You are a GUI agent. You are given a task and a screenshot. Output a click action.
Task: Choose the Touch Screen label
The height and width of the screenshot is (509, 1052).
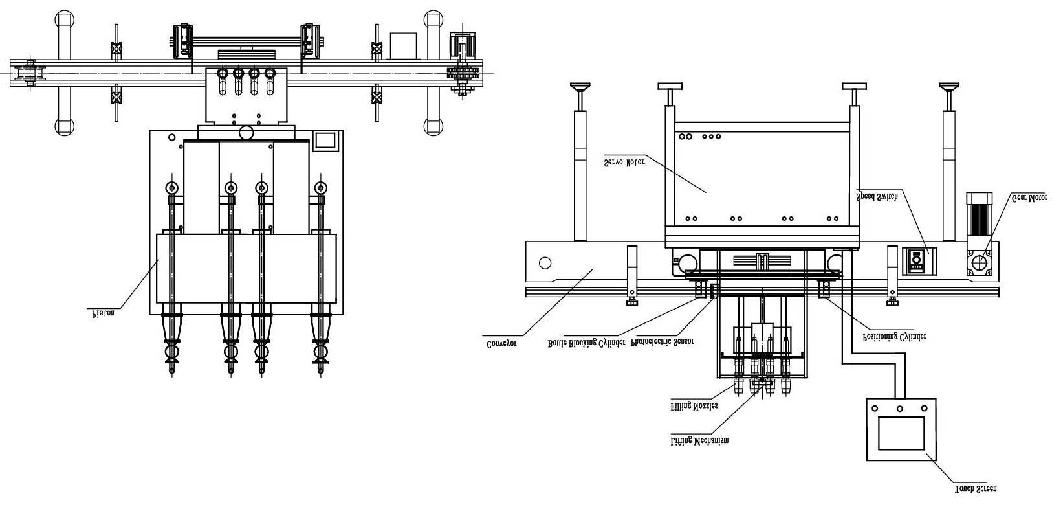976,488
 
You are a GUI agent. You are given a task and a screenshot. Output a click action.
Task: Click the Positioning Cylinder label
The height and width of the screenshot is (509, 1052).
895,337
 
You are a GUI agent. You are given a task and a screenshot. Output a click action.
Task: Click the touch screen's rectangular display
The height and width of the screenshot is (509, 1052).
901,433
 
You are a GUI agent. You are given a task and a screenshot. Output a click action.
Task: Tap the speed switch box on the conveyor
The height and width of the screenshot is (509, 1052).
915,258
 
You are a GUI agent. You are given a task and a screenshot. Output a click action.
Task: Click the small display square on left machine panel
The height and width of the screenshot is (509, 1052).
325,141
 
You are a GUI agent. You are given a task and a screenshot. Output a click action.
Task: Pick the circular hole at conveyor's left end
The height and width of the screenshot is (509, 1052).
545,263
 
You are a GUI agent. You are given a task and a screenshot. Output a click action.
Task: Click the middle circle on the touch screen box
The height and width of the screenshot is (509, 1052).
900,408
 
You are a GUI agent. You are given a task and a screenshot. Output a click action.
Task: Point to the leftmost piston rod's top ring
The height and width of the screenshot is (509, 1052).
171,188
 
